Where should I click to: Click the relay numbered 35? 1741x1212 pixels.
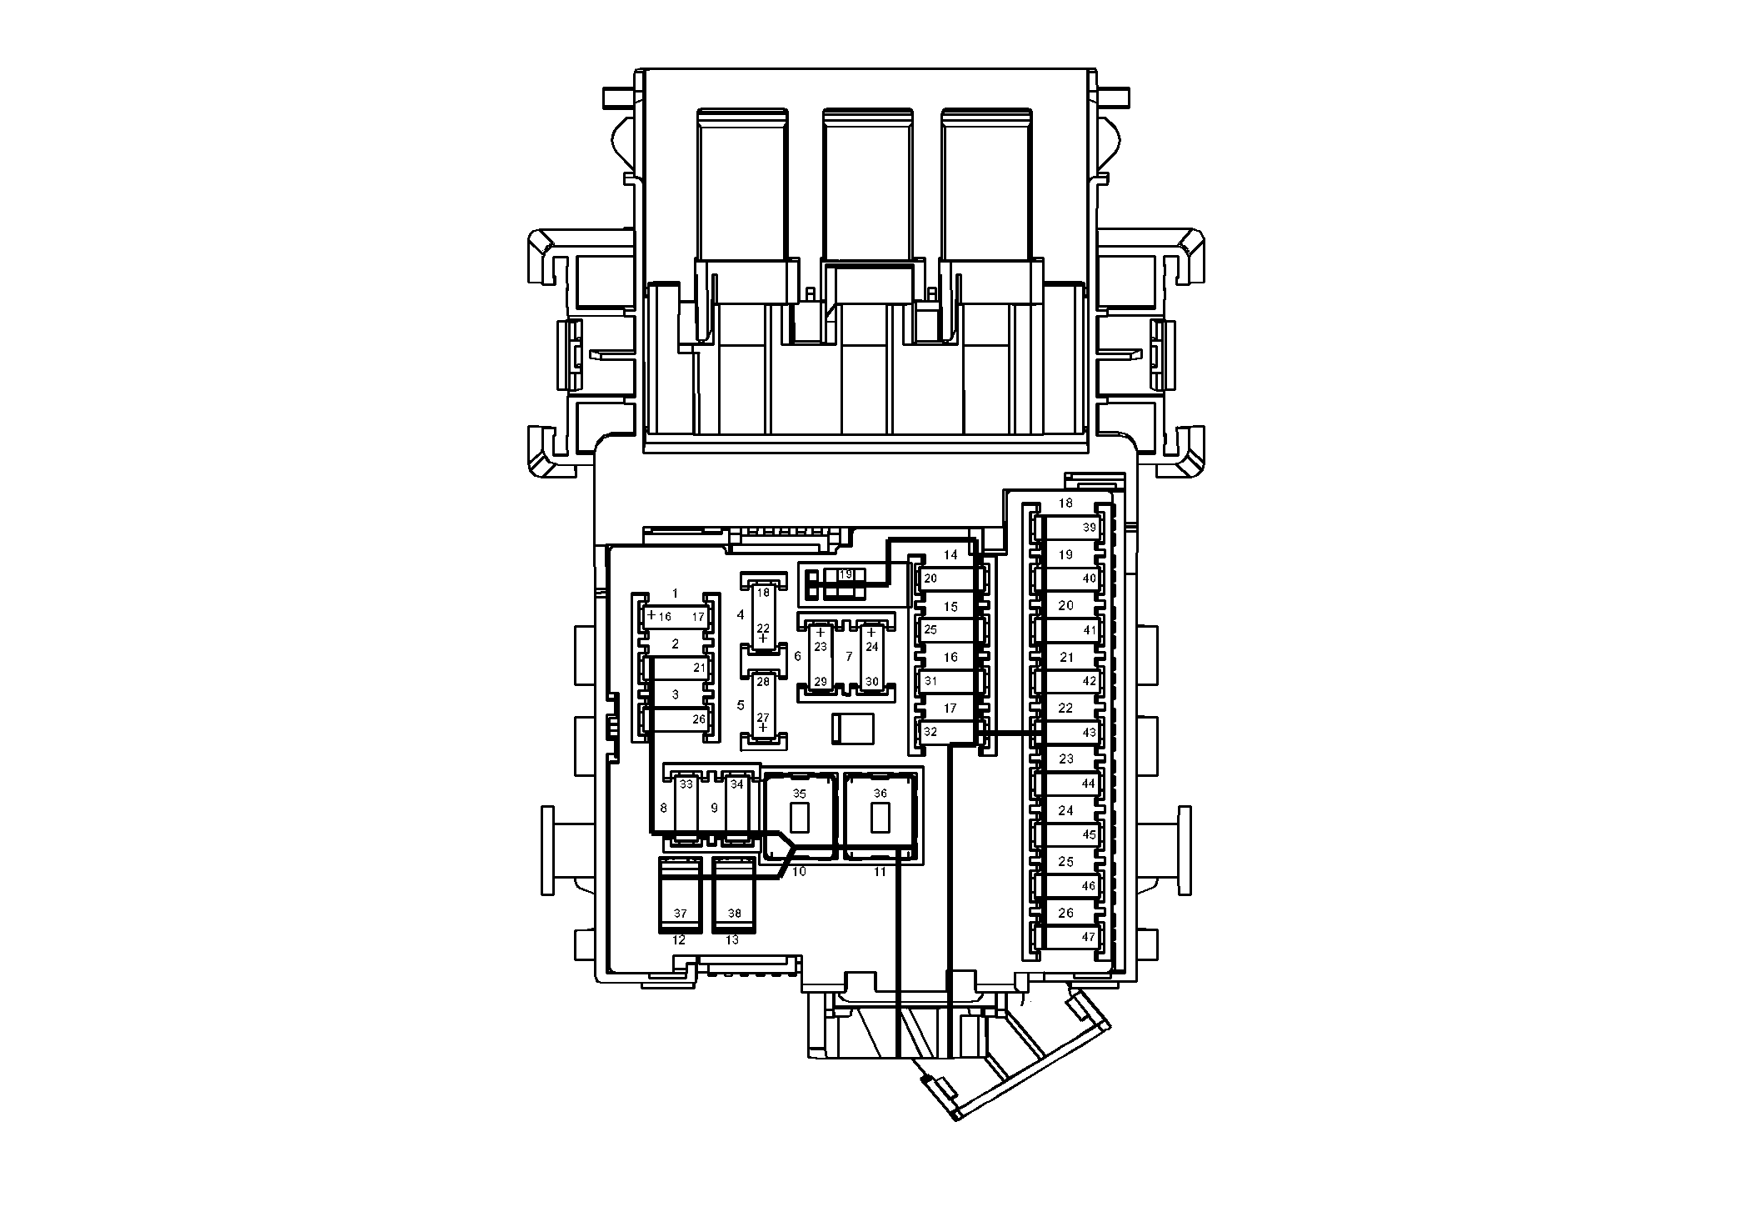coord(800,816)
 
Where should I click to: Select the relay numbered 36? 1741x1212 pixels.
coord(880,816)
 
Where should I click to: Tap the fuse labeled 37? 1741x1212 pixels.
coord(681,895)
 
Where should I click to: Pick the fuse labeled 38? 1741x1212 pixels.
coord(734,895)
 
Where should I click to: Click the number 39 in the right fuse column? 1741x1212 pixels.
coord(1089,528)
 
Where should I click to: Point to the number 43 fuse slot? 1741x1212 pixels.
coord(1067,733)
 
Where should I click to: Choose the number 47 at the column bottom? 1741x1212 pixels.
coord(1088,937)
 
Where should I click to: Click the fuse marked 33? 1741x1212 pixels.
coord(686,808)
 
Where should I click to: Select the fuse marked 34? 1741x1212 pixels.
coord(736,808)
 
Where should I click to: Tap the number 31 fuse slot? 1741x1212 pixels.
coord(948,681)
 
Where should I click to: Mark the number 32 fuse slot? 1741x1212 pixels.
coord(948,733)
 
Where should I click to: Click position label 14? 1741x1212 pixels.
coord(950,555)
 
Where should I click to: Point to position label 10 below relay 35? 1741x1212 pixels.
coord(799,872)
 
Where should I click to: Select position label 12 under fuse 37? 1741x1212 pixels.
coord(679,940)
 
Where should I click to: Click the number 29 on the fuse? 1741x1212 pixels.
coord(821,682)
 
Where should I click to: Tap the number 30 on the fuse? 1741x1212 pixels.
coord(871,682)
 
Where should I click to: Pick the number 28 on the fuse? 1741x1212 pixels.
coord(763,682)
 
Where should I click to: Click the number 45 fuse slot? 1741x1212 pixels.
coord(1067,834)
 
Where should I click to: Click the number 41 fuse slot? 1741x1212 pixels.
coord(1067,630)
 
